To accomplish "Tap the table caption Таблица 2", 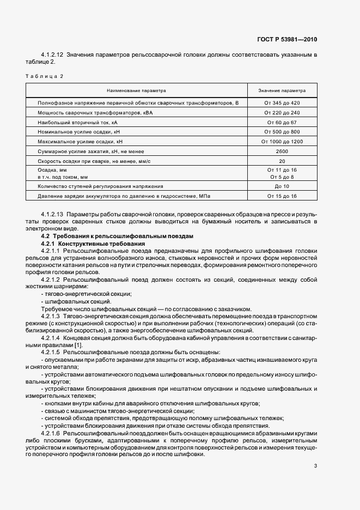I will click(x=44, y=76).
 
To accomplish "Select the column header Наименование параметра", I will click(x=136, y=90).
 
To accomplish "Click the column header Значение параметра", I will click(x=282, y=90).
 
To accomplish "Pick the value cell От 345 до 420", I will click(x=282, y=103).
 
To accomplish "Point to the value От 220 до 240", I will click(x=282, y=112).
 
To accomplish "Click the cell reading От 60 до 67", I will click(x=282, y=122).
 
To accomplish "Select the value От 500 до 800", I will click(x=282, y=132).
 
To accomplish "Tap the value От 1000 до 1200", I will click(x=282, y=141).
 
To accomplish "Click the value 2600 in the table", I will click(x=282, y=151).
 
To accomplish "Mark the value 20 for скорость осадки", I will click(x=282, y=161).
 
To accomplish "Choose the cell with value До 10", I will click(x=282, y=186).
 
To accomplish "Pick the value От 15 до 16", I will click(x=282, y=196).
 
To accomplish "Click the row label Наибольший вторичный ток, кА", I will click(x=77, y=122).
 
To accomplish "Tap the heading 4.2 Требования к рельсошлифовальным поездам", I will click(x=117, y=236).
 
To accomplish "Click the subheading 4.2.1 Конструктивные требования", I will click(x=93, y=244).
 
